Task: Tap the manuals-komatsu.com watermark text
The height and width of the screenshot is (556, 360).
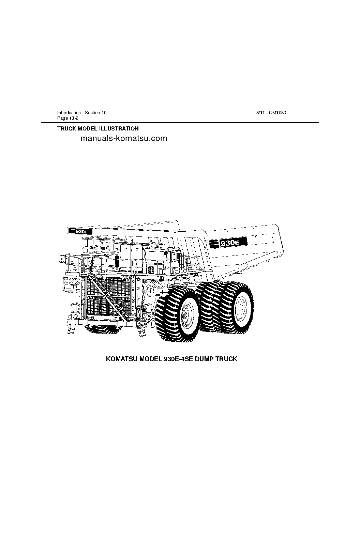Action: pos(124,138)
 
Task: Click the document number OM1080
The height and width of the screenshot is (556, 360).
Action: pos(277,113)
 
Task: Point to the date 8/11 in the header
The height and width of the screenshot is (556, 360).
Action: pos(260,113)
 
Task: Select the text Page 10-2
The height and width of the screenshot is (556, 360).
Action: pos(68,118)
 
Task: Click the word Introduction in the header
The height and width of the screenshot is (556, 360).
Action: pos(69,113)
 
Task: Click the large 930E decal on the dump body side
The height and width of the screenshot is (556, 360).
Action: pos(228,243)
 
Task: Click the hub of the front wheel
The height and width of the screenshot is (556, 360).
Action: pos(185,315)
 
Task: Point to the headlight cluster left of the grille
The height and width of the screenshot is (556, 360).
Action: pos(71,281)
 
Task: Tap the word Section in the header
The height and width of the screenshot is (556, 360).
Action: pos(92,113)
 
